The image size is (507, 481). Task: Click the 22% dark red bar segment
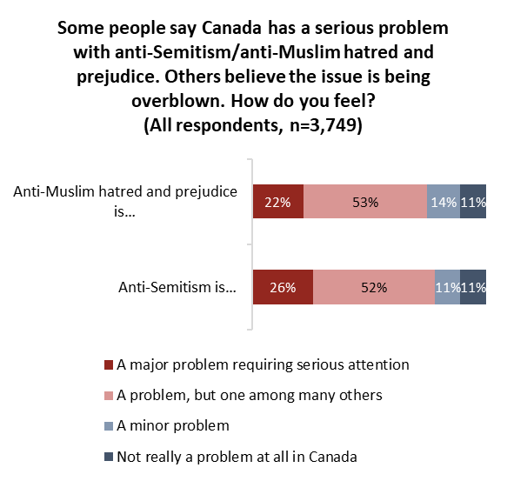(x=278, y=202)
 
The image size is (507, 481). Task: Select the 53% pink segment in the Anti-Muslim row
(x=365, y=202)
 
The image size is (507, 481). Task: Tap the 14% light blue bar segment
(x=444, y=202)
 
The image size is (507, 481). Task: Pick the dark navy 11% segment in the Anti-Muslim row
(x=473, y=202)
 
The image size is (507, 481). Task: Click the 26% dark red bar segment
(x=283, y=287)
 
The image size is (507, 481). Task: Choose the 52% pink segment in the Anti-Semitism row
(x=374, y=287)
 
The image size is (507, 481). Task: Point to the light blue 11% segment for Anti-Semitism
(x=448, y=287)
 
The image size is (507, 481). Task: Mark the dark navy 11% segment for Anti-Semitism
(x=473, y=287)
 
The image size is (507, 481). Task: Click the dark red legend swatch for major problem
(x=109, y=364)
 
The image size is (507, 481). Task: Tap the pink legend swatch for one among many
(x=109, y=396)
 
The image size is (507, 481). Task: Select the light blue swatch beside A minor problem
(x=109, y=426)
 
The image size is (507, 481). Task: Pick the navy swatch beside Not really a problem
(x=109, y=457)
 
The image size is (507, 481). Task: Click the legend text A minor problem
(x=173, y=425)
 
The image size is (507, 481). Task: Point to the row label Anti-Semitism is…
(x=177, y=287)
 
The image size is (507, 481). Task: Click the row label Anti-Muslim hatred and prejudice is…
(x=125, y=201)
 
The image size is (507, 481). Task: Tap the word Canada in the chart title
(x=231, y=28)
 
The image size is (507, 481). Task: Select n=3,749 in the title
(x=323, y=125)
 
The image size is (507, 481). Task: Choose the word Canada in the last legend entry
(x=333, y=457)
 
